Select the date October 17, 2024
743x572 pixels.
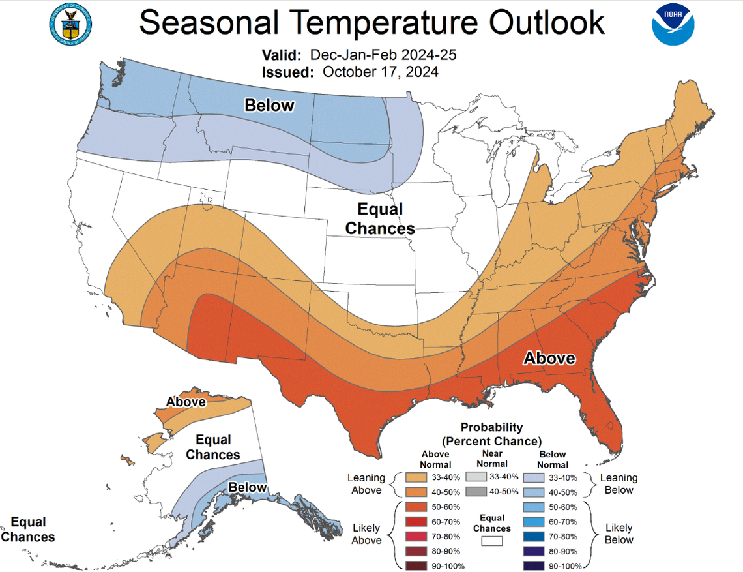point(380,72)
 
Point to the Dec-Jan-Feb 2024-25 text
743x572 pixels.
point(383,54)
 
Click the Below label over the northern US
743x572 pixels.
point(269,106)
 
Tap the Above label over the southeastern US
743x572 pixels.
point(550,358)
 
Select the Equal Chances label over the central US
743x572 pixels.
point(380,219)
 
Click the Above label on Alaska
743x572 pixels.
point(186,402)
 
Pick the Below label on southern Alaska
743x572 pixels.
point(247,487)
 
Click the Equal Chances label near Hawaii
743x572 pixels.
point(28,530)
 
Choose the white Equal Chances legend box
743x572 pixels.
point(492,541)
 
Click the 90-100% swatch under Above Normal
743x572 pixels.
point(415,565)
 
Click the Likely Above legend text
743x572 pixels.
point(366,534)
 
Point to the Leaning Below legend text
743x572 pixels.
point(619,484)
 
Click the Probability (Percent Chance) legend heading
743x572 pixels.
point(491,434)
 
